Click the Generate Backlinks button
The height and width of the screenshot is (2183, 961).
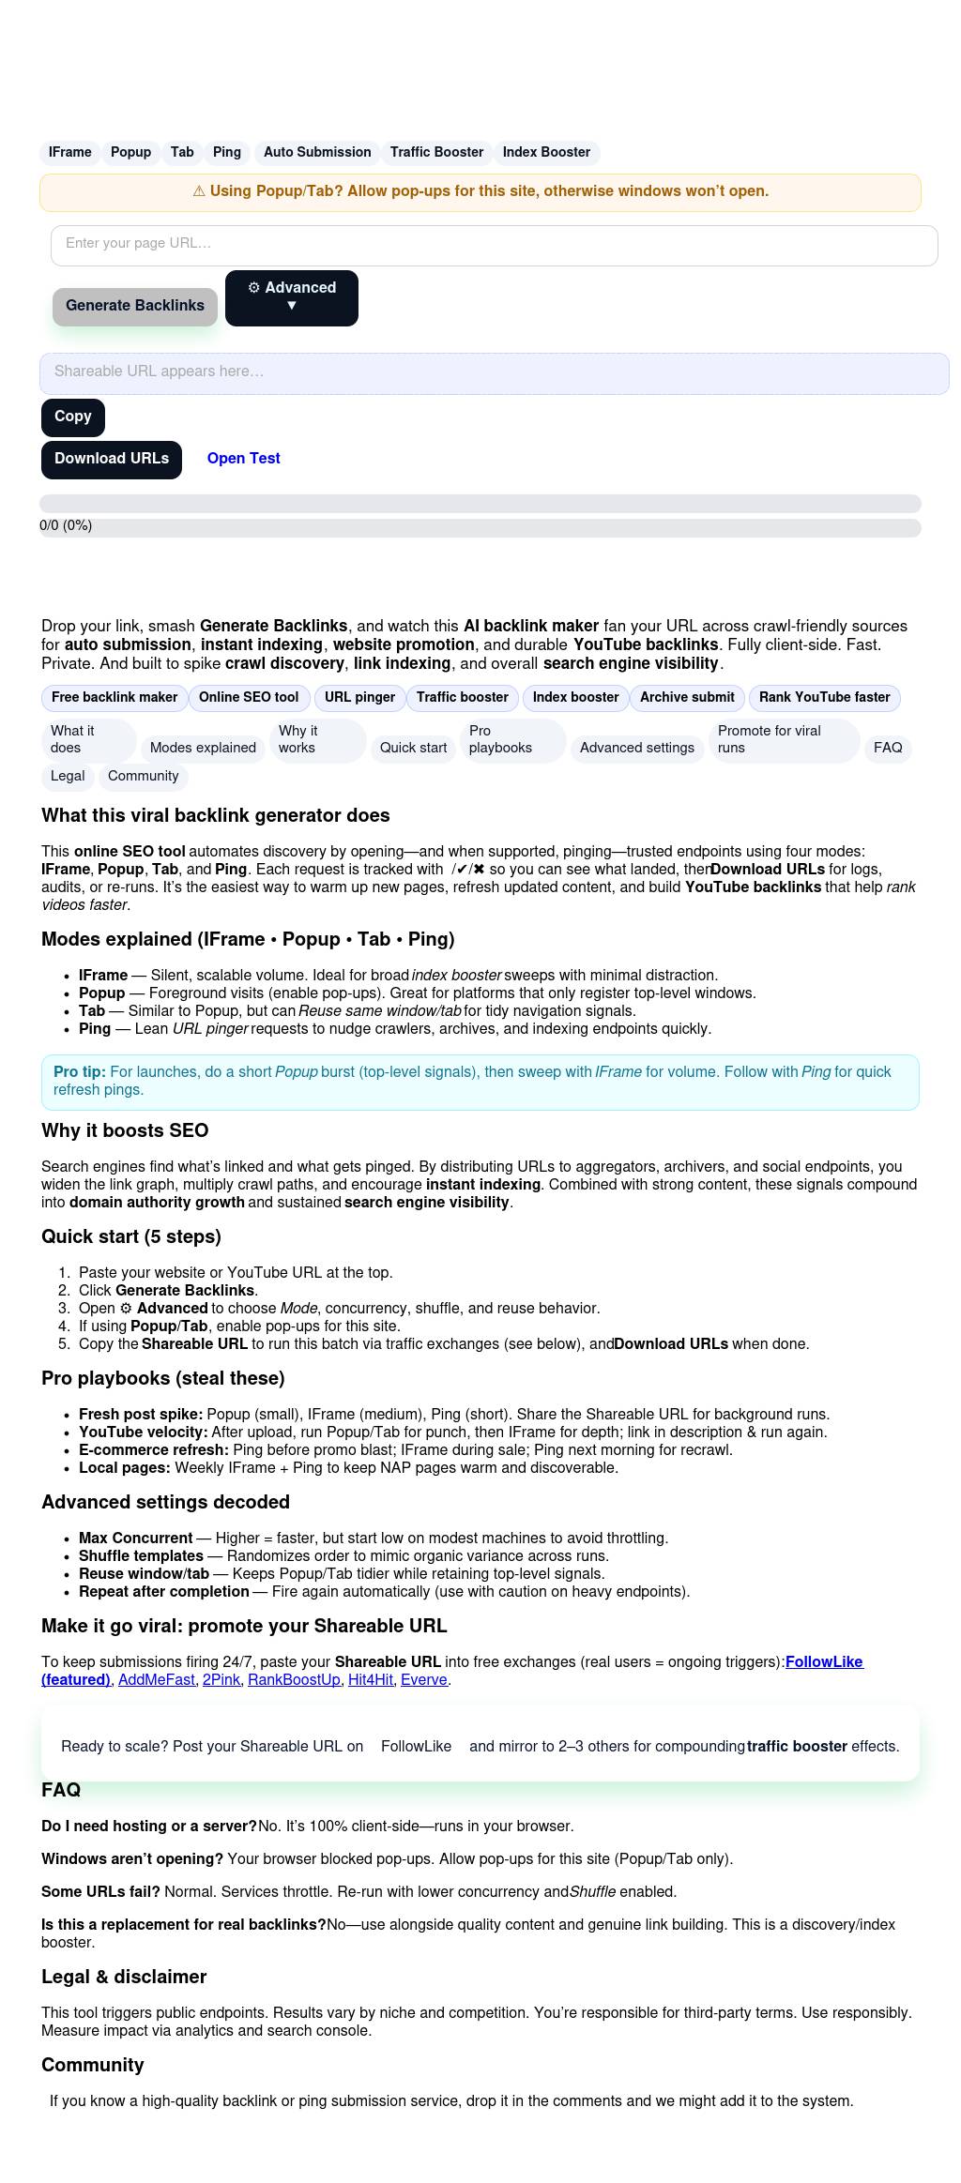(x=135, y=306)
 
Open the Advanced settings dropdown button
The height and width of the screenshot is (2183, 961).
(x=292, y=297)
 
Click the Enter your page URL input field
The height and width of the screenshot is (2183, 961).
(x=494, y=245)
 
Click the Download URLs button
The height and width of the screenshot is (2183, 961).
(x=112, y=460)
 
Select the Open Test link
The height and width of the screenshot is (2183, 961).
(x=243, y=459)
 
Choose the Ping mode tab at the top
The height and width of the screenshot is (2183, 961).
(x=227, y=153)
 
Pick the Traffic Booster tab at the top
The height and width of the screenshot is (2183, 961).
(x=436, y=153)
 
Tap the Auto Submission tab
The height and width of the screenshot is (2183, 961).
(x=317, y=153)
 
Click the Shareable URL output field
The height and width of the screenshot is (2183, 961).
(x=494, y=372)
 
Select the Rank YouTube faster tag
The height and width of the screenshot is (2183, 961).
(x=824, y=698)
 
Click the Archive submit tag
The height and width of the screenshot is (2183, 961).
(x=687, y=698)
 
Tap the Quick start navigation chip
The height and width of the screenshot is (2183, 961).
(x=413, y=748)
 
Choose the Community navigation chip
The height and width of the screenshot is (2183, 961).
(x=143, y=777)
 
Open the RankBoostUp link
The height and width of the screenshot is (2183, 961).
(x=294, y=1679)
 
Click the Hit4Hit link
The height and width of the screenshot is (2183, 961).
(x=371, y=1679)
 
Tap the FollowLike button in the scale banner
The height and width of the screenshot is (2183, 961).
(x=416, y=1746)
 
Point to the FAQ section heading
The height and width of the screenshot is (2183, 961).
(x=61, y=1790)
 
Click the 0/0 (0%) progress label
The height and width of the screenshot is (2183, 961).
(x=66, y=526)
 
